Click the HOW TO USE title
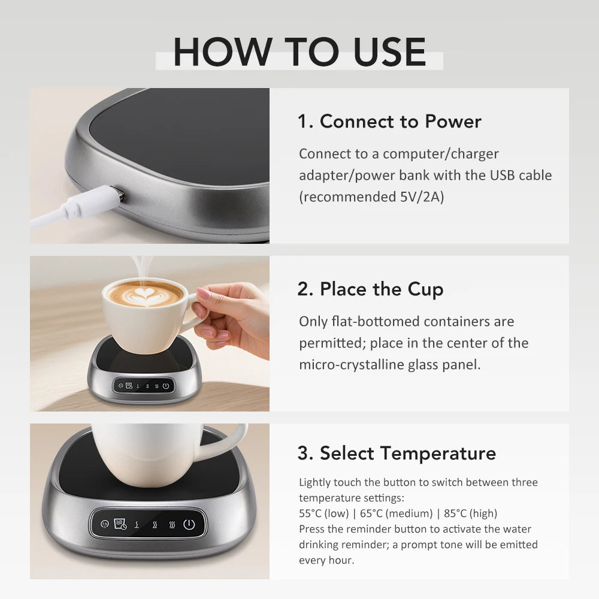(x=299, y=53)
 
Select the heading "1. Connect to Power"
(x=389, y=122)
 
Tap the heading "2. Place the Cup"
(x=370, y=289)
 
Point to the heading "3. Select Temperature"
(x=397, y=453)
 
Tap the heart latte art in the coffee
(x=144, y=294)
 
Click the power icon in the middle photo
(x=166, y=386)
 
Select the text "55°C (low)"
(x=325, y=513)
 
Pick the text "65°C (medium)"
(x=396, y=513)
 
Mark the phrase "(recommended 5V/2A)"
(x=371, y=197)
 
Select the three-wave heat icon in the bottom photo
(x=172, y=525)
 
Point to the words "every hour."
(x=326, y=560)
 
